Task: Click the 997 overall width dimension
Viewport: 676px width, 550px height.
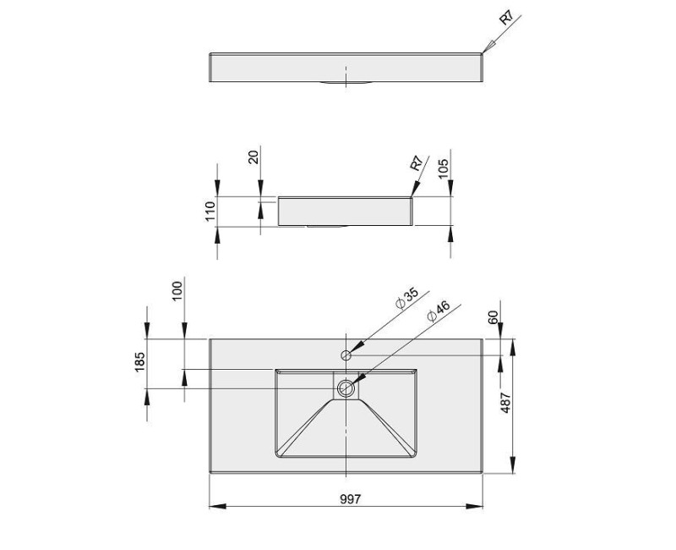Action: click(350, 498)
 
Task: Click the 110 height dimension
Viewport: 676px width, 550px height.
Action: click(210, 211)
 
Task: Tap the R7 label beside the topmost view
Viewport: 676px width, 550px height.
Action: click(507, 18)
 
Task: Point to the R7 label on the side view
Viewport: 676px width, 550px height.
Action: click(417, 163)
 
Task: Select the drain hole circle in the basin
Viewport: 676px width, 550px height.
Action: click(346, 388)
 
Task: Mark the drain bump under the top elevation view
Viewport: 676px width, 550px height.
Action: click(346, 84)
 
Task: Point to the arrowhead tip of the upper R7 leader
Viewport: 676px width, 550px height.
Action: click(483, 52)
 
